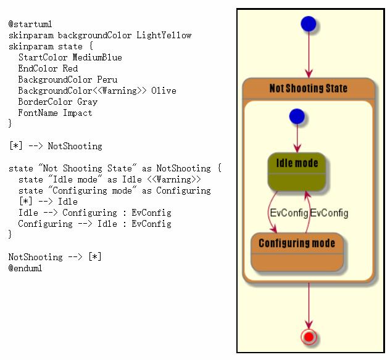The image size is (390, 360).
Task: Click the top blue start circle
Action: point(309,24)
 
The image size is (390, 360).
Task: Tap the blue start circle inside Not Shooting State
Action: point(297,117)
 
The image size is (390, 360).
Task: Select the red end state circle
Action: point(309,337)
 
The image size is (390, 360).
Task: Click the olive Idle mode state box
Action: point(297,171)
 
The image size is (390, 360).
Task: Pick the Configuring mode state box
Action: point(297,252)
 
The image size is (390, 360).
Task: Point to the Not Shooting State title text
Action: point(309,88)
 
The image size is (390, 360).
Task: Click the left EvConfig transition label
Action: point(289,213)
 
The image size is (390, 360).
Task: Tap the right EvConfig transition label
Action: point(329,213)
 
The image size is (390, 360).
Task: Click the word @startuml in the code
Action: point(30,24)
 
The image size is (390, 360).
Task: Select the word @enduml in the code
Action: point(25,268)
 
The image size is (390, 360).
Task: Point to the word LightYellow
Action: point(164,35)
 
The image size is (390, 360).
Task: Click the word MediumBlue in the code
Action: point(97,57)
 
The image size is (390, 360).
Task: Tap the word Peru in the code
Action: point(107,80)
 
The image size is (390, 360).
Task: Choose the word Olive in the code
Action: point(164,91)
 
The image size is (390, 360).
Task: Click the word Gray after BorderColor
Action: point(87,102)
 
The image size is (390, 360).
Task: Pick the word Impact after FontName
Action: point(77,113)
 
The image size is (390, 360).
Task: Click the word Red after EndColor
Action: point(70,68)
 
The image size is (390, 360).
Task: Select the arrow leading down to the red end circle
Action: point(309,306)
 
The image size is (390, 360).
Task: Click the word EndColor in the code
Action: point(38,68)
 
